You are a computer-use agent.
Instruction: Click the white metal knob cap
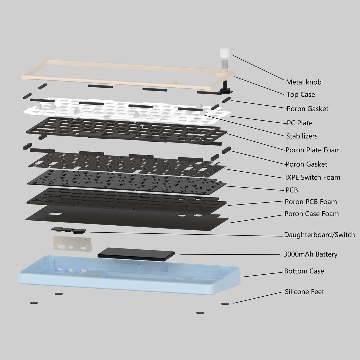coord(225,54)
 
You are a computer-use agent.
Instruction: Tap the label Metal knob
coord(304,82)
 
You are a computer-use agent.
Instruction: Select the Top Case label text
coord(300,95)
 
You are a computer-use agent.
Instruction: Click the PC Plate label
coord(300,123)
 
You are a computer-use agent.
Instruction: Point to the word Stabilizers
coord(302,136)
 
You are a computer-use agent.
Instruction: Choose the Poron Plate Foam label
coord(313,150)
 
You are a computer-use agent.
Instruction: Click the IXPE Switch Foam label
coord(313,177)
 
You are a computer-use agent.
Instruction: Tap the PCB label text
coord(292,190)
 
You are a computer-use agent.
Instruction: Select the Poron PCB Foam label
coord(311,202)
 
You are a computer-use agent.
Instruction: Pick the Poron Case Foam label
coord(311,214)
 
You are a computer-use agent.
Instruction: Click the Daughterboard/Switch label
coord(319,235)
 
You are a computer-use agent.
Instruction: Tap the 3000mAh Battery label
coord(310,254)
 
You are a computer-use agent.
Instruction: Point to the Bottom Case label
coord(304,271)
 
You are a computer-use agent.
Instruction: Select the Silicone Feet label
coord(304,292)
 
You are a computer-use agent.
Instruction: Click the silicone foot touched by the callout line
coord(226,304)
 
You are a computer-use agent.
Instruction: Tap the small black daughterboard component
coord(68,230)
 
